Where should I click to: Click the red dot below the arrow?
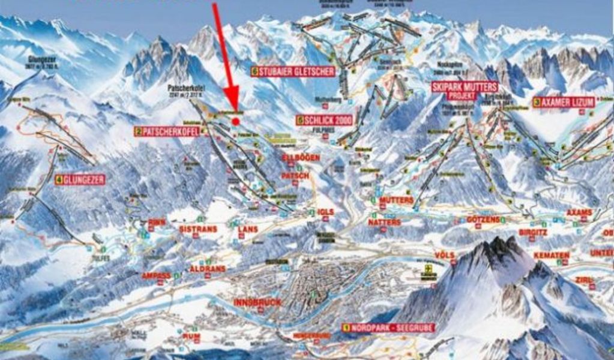click(x=236, y=121)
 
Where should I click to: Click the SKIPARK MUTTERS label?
click(x=456, y=87)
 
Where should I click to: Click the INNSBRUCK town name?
click(x=256, y=302)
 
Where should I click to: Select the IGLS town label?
click(x=326, y=212)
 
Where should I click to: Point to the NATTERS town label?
click(x=385, y=222)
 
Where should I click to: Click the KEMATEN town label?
click(x=551, y=256)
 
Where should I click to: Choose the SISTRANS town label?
click(x=196, y=229)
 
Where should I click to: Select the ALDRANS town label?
click(x=208, y=269)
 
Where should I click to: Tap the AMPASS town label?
click(x=155, y=275)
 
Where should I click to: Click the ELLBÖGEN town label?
click(x=301, y=157)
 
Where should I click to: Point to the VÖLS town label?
click(x=445, y=255)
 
